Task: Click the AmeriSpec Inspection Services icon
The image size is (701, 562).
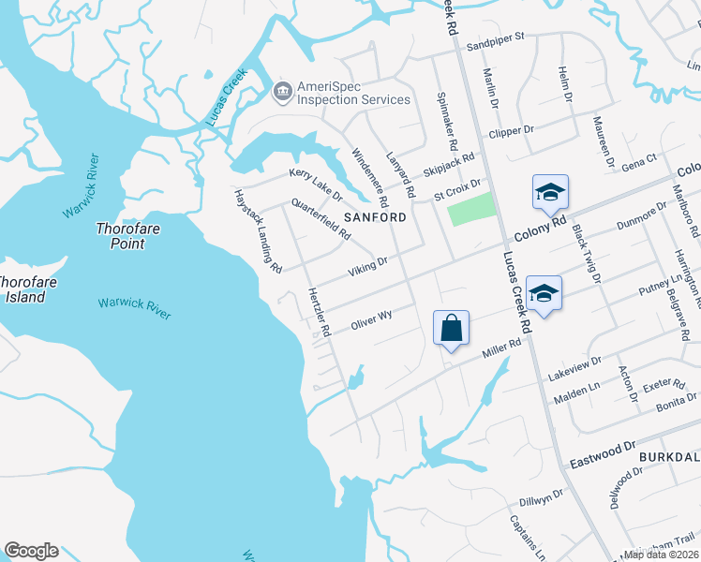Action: tap(281, 92)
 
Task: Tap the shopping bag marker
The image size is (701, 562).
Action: tap(451, 329)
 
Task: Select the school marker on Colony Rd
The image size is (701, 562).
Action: tap(550, 193)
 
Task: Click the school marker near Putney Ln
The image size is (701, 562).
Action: tap(544, 294)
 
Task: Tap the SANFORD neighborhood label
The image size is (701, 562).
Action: tap(376, 216)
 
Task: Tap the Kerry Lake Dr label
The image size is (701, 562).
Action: tap(316, 184)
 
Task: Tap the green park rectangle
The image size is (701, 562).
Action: tap(470, 209)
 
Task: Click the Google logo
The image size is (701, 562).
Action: tap(31, 551)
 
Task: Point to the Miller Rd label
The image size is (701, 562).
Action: tap(501, 349)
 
